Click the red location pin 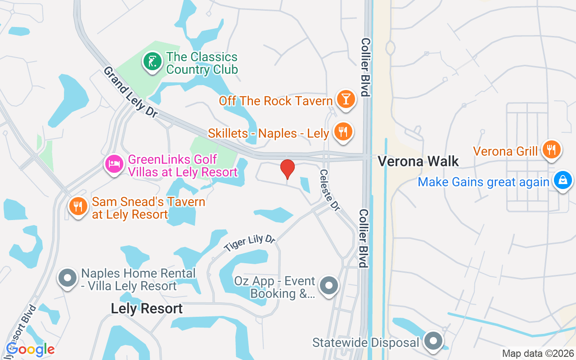[x=288, y=169]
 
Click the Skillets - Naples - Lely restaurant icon [x=343, y=131]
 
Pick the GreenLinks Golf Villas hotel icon [x=114, y=163]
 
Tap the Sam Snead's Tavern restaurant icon [x=79, y=206]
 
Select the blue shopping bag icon [x=562, y=180]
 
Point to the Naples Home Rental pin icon [x=68, y=278]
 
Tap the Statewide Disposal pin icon [x=434, y=341]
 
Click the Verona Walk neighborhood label [x=418, y=162]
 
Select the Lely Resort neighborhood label [x=147, y=309]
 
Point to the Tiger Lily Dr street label [x=250, y=243]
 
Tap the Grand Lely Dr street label [x=130, y=93]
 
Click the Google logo [x=30, y=349]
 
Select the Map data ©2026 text [x=538, y=354]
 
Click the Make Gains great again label [x=483, y=182]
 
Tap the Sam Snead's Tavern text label [x=148, y=208]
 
